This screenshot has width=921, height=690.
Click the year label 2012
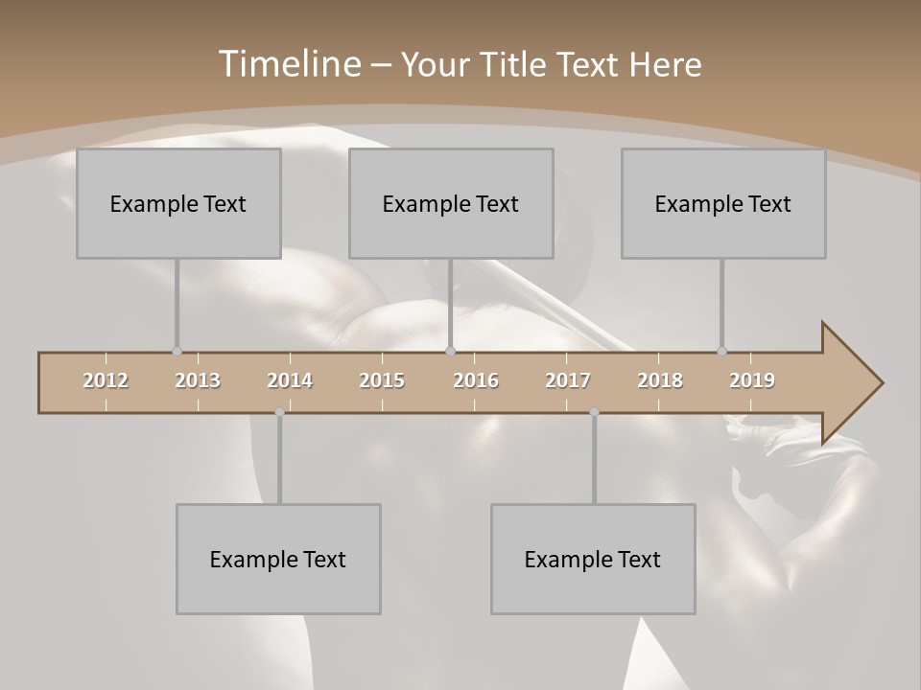[106, 380]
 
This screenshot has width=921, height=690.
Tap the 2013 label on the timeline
[198, 380]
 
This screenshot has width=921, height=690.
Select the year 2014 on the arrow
[290, 380]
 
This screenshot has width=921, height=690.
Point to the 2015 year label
[382, 380]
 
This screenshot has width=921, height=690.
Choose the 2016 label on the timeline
[476, 380]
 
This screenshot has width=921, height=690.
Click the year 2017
[568, 380]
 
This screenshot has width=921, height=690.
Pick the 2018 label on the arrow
[660, 380]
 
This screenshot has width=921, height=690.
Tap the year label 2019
[752, 380]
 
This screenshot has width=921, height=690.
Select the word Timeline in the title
[288, 64]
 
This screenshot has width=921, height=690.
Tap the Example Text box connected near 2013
[178, 203]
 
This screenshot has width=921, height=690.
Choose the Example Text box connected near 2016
[451, 203]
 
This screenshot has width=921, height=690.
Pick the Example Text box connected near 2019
[723, 203]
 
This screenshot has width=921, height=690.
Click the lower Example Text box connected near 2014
[278, 559]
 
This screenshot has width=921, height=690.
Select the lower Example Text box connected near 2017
[593, 559]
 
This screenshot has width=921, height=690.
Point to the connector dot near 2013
[177, 351]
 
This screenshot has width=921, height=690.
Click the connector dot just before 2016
[450, 351]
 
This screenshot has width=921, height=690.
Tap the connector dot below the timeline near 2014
[279, 412]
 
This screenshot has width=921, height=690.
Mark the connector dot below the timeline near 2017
[594, 412]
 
